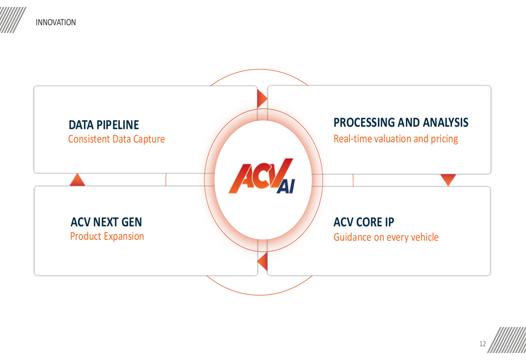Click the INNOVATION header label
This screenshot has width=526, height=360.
pos(56,23)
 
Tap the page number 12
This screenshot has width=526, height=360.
pos(482,344)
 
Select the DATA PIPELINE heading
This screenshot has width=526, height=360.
pos(104,125)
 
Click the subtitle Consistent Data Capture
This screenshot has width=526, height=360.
pos(116,139)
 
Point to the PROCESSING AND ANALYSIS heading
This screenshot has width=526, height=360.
pos(401,122)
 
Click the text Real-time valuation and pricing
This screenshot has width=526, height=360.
pos(396,139)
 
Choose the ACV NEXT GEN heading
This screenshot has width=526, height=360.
pos(106,222)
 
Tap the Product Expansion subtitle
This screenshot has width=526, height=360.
pos(107,236)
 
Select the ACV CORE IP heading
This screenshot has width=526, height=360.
pos(363,222)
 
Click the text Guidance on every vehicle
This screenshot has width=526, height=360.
pos(386,238)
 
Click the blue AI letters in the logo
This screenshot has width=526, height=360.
pos(286,187)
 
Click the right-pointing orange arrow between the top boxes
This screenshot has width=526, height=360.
pos(262,99)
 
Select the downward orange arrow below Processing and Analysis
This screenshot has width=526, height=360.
pos(448,180)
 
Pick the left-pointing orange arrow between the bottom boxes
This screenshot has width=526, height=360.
pos(262,261)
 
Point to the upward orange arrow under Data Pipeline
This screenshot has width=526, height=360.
pos(77,180)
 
